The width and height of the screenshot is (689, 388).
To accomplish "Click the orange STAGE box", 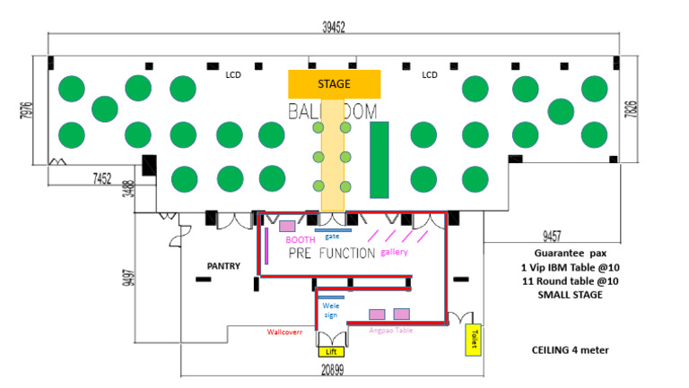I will [335, 84].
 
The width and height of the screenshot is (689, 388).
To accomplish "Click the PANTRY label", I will [222, 266].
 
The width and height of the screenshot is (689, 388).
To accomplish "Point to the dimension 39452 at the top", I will [334, 27].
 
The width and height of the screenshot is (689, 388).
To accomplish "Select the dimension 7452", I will [102, 178].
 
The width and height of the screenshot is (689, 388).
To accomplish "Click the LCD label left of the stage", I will [234, 75].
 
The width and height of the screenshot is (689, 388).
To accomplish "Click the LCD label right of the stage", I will [430, 75].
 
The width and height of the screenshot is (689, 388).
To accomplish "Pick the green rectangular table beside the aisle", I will [379, 160].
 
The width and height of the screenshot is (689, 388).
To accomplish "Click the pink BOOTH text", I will [300, 240].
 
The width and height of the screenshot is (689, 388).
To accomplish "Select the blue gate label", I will [332, 236].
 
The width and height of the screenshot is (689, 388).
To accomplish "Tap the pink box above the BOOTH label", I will [288, 226].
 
